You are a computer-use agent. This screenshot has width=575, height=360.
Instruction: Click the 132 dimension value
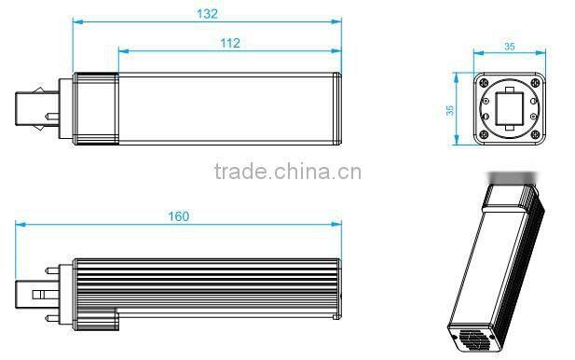pos(207,13)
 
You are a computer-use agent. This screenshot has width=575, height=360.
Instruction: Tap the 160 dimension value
pos(179,216)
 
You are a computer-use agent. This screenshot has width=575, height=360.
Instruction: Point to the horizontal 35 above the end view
pos(509,44)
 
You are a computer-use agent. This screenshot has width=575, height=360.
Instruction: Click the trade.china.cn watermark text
pos(287,173)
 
